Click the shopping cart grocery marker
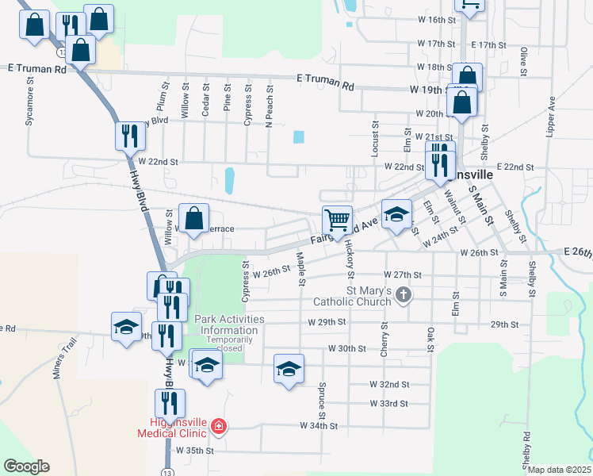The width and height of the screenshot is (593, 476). coord(338,220)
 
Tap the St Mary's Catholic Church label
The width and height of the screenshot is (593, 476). coord(352,295)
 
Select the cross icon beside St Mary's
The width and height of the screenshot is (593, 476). coord(404,296)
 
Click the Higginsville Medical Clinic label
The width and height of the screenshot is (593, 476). coord(172,427)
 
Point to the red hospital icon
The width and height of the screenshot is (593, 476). coord(219,428)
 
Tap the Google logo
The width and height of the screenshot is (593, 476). coord(26,466)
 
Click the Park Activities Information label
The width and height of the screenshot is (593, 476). coord(230,325)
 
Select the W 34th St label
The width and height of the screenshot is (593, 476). coord(319,426)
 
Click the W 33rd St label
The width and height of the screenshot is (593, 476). coord(388,404)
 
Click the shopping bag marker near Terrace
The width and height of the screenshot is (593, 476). coord(194,218)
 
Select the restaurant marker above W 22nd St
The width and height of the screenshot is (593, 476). coord(129,136)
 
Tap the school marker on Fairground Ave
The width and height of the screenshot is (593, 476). coord(396,213)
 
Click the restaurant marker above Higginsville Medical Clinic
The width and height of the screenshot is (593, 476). coord(170,403)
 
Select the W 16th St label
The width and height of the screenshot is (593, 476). coord(434,19)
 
